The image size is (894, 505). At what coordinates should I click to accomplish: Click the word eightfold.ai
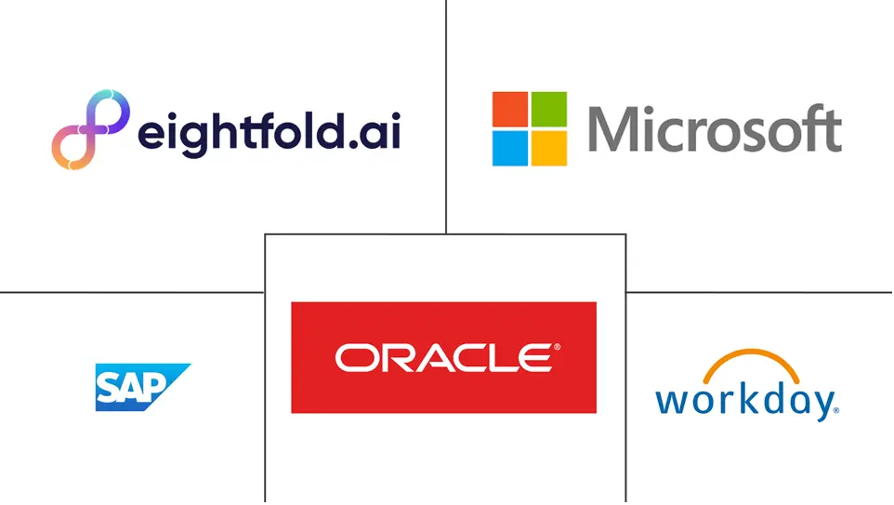pos(270,133)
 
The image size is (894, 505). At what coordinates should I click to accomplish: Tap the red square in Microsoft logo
pos(510,109)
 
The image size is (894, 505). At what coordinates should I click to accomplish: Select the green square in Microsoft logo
pos(549,109)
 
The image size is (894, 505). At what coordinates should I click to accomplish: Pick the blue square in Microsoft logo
pos(510,149)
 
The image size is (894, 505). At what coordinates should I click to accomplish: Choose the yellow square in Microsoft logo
pos(549,149)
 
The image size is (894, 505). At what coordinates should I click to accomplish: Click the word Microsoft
pos(715,129)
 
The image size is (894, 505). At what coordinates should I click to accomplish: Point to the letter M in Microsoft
pos(612,129)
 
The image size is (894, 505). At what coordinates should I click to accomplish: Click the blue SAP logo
pos(143,387)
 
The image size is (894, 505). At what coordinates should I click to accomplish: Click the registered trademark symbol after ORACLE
pos(557,347)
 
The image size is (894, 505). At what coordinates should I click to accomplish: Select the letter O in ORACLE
pos(354,358)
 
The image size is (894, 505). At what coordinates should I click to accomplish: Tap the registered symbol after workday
pos(836,410)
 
